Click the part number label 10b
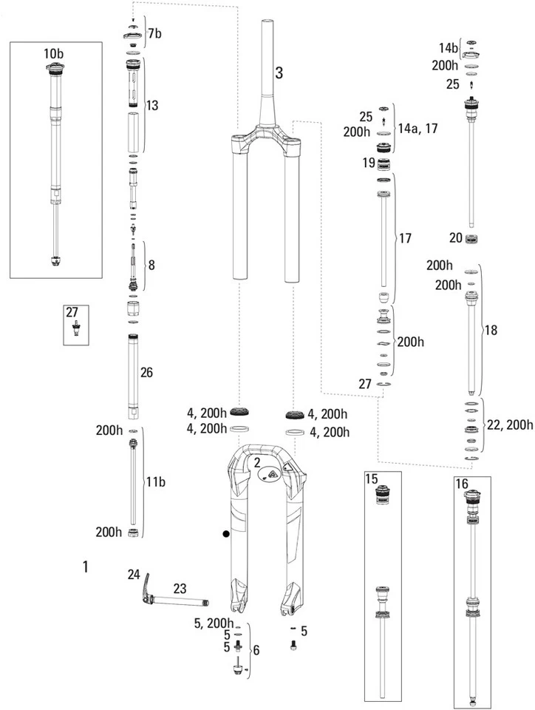point(53,54)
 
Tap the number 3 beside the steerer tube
point(279,72)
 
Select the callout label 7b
point(154,33)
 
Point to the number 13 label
point(151,106)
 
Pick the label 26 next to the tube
point(146,373)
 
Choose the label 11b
point(155,482)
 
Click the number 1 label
point(86,567)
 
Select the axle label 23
point(180,589)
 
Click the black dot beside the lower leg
point(227,532)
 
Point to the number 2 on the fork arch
point(257,463)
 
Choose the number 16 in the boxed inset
point(462,483)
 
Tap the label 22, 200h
point(510,424)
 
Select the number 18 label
point(491,330)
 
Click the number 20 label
point(456,237)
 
